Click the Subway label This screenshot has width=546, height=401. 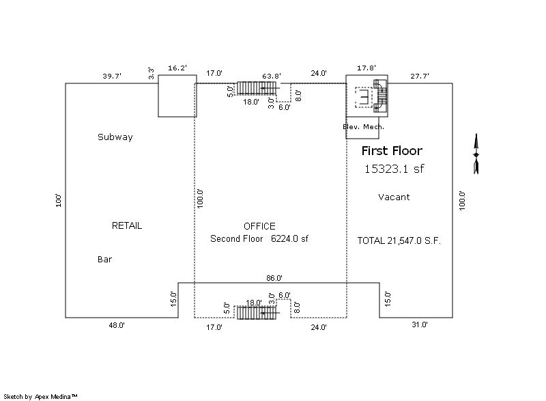tap(115, 137)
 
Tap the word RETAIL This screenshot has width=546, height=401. tap(127, 225)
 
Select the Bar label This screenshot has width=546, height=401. tap(104, 260)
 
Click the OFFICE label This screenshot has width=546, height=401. tap(259, 226)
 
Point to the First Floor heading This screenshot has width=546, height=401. tap(392, 151)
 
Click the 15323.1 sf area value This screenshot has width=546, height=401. tap(394, 169)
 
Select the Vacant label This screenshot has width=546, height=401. tap(394, 197)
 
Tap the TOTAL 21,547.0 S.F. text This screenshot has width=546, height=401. tap(394, 240)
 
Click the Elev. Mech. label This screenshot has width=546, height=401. tap(363, 127)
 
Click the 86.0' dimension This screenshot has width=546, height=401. tap(274, 278)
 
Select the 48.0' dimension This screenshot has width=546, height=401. tap(117, 326)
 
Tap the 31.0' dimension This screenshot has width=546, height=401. tap(419, 325)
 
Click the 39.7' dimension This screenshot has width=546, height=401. tap(112, 77)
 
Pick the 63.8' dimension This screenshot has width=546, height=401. tap(272, 76)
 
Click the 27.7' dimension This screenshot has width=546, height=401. tap(420, 77)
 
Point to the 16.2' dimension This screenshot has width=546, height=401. tap(177, 68)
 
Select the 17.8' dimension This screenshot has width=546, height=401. tap(367, 68)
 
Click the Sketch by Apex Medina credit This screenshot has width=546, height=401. tap(41, 396)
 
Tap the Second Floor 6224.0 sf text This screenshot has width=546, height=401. tap(259, 239)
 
